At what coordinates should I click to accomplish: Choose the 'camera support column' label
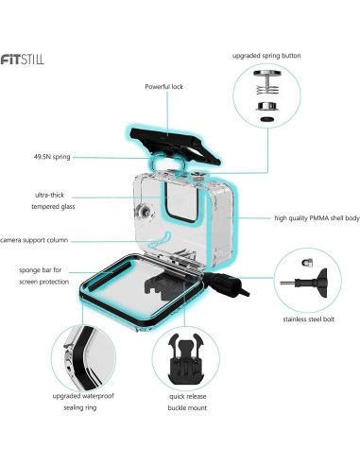coord(41,240)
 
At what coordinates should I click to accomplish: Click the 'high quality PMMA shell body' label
coord(304,218)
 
